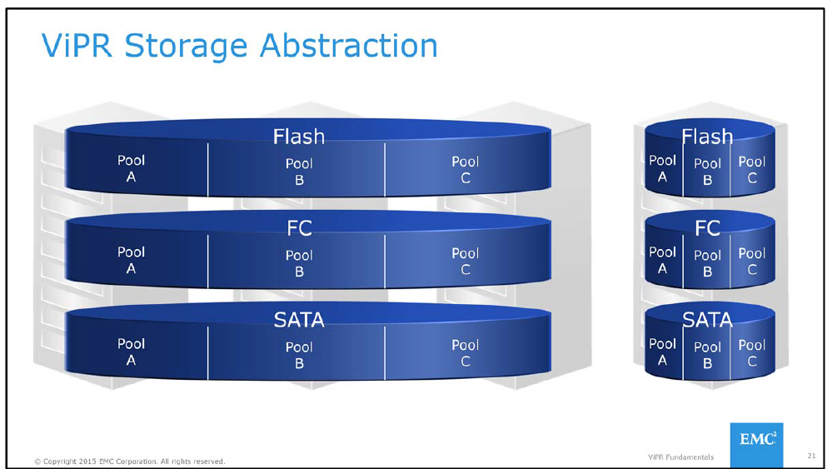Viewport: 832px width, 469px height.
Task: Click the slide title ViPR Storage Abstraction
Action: click(240, 46)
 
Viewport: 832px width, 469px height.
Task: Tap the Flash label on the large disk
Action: click(298, 135)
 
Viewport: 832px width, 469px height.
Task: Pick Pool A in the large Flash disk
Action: click(131, 169)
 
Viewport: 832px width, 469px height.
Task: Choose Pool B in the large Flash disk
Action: click(299, 172)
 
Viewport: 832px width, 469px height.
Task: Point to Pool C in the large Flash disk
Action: click(465, 170)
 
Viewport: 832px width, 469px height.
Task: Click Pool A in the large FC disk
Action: click(131, 260)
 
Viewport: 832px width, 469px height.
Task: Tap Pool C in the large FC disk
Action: click(465, 262)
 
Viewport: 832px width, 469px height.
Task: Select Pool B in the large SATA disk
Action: click(299, 355)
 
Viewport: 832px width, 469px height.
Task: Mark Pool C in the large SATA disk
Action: click(465, 353)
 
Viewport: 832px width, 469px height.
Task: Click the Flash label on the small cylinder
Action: click(707, 136)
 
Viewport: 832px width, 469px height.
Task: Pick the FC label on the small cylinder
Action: click(707, 227)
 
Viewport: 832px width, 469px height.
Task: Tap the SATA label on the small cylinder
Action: click(707, 319)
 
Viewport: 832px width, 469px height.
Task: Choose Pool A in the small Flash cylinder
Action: click(662, 168)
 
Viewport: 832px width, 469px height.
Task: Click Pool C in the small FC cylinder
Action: click(751, 261)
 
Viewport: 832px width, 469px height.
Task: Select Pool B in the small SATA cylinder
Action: click(707, 355)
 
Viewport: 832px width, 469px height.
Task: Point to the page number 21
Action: click(810, 456)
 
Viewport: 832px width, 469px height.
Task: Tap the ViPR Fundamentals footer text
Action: click(680, 457)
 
